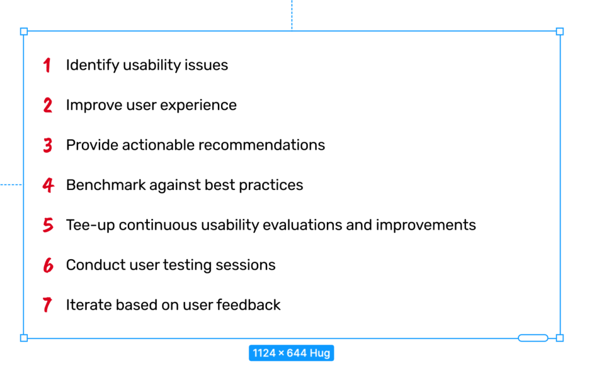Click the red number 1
point(47,65)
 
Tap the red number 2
point(48,105)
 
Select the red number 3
point(48,145)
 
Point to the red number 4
point(48,185)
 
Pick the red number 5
point(48,225)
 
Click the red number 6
point(48,265)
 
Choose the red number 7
point(47,305)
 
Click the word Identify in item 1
point(92,65)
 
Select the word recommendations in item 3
point(262,145)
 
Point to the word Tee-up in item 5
point(91,225)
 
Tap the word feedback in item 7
point(248,304)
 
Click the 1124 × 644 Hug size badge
point(291,353)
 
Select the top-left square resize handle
point(24,31)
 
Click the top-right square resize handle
point(559,31)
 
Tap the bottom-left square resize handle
point(24,338)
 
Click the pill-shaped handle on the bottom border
point(533,338)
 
